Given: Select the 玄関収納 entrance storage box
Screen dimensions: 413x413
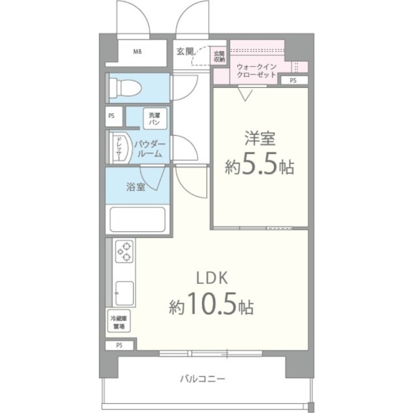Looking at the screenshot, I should click(219, 56).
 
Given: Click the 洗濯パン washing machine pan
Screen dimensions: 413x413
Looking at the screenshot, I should click(154, 119).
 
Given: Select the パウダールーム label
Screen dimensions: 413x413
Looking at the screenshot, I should click(149, 149).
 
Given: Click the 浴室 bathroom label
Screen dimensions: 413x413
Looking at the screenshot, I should click(135, 187).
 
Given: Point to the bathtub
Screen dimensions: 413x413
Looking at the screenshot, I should click(138, 219).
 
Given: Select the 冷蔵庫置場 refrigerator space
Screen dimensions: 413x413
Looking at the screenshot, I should click(119, 322).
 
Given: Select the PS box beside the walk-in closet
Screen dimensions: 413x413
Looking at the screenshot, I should click(293, 80).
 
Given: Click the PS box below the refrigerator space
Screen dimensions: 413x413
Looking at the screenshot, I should click(120, 345).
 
